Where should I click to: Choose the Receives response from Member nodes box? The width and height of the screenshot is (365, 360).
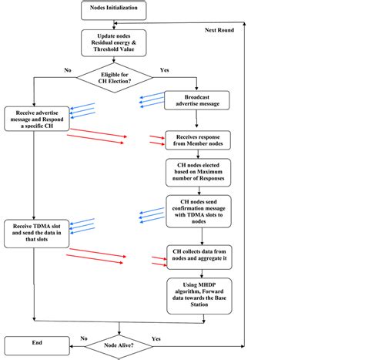pyautogui.click(x=197, y=140)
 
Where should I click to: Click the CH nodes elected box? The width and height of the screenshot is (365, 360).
pyautogui.click(x=197, y=172)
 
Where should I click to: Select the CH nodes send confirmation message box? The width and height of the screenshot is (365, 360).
pyautogui.click(x=197, y=210)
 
